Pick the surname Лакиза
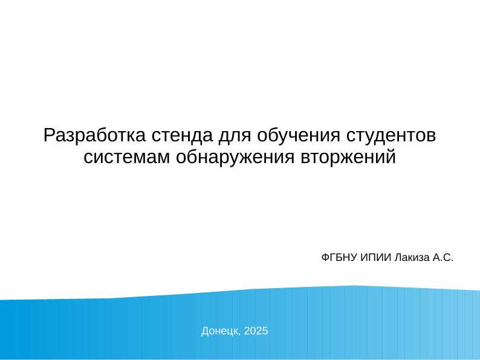[x=411, y=258]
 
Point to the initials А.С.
[x=443, y=258]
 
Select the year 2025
[x=257, y=331]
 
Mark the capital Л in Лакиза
[x=397, y=258]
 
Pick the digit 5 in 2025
[x=266, y=331]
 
